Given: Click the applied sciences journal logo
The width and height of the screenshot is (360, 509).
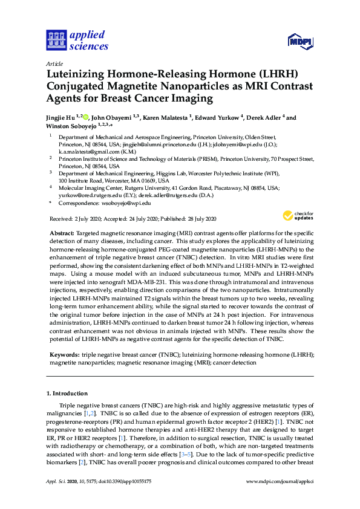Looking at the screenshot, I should (77, 40).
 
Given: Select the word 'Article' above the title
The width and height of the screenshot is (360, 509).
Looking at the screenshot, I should (55, 63).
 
